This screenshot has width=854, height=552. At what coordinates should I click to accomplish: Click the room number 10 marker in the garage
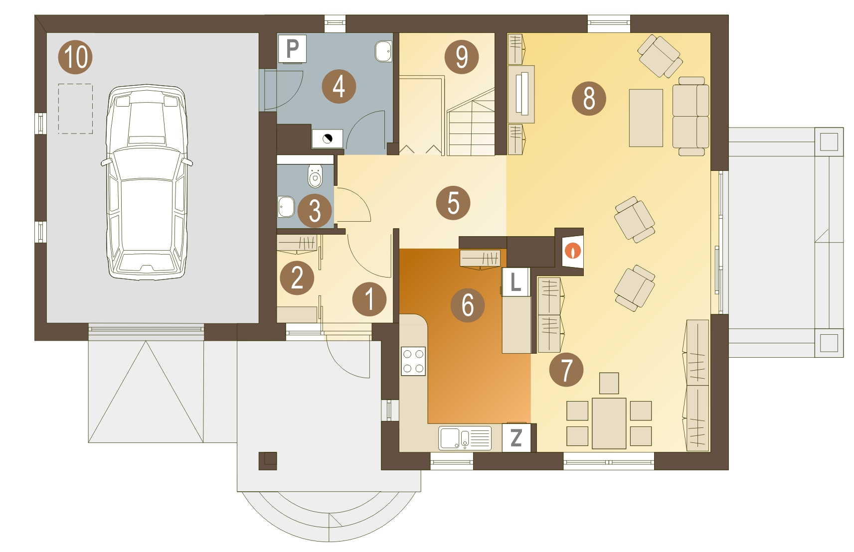pyautogui.click(x=75, y=57)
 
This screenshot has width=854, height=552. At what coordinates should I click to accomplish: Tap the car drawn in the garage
pyautogui.click(x=147, y=182)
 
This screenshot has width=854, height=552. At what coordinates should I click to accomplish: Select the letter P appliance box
pyautogui.click(x=293, y=49)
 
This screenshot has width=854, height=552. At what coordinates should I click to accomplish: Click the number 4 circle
pyautogui.click(x=339, y=87)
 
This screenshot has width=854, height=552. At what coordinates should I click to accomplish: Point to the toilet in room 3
pyautogui.click(x=315, y=176)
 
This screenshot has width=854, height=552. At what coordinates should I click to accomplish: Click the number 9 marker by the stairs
pyautogui.click(x=462, y=57)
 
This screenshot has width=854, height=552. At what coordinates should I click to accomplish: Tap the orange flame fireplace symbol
pyautogui.click(x=573, y=251)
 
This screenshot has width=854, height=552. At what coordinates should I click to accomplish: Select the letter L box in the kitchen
pyautogui.click(x=516, y=282)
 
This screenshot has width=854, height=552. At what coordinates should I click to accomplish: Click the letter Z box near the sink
pyautogui.click(x=516, y=438)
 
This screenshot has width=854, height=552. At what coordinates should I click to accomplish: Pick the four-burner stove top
pyautogui.click(x=413, y=361)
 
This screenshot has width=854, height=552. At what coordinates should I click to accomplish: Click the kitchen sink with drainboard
pyautogui.click(x=465, y=438)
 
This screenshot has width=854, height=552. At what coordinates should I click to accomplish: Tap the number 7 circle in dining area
pyautogui.click(x=566, y=370)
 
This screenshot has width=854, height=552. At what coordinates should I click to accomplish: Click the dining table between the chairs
pyautogui.click(x=609, y=423)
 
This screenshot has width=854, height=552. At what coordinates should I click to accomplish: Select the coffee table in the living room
pyautogui.click(x=646, y=118)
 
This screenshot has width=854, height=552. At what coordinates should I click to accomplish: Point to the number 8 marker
pyautogui.click(x=589, y=98)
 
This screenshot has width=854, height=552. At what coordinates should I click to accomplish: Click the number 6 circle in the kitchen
pyautogui.click(x=468, y=305)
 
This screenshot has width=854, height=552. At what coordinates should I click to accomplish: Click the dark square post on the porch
pyautogui.click(x=268, y=461)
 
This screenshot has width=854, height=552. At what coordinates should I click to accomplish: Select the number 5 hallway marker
pyautogui.click(x=453, y=203)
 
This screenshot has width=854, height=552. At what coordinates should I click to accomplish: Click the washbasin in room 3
pyautogui.click(x=286, y=207)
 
